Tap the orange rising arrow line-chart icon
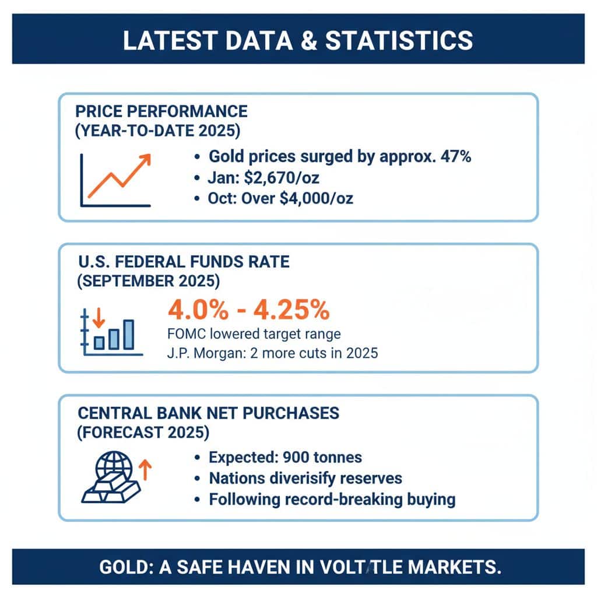(117, 178)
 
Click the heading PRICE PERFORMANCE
(161, 111)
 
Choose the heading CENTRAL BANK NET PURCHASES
(208, 413)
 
